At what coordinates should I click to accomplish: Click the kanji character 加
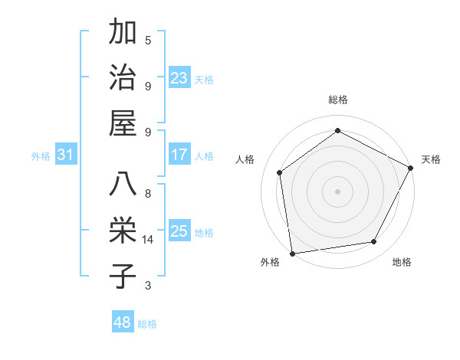click(x=123, y=33)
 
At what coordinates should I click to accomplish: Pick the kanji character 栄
click(x=123, y=231)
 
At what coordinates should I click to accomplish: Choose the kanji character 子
click(x=123, y=276)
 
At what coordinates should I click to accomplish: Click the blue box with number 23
click(x=179, y=78)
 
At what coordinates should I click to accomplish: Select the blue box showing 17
click(x=179, y=155)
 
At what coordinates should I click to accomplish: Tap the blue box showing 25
click(x=179, y=231)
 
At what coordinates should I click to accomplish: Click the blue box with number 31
click(x=65, y=155)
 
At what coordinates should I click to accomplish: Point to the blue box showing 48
click(x=123, y=322)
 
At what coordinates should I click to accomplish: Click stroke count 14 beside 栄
click(x=148, y=240)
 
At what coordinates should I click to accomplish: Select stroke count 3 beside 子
click(x=148, y=286)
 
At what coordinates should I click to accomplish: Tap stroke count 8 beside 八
click(x=148, y=194)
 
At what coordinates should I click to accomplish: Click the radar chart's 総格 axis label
click(x=337, y=100)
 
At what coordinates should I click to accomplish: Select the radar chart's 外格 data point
click(x=292, y=253)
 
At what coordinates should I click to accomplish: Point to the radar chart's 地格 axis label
click(x=402, y=262)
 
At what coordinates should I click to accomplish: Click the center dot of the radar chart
click(x=337, y=191)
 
